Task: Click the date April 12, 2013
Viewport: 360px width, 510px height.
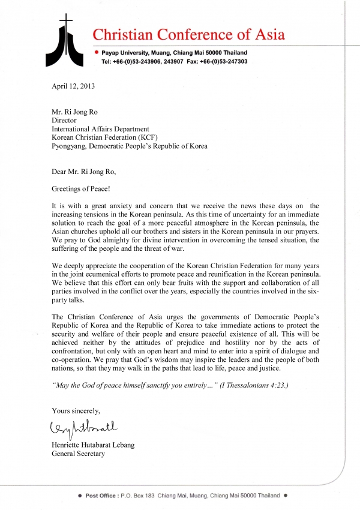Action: click(x=73, y=86)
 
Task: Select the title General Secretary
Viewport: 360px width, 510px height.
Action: click(x=78, y=454)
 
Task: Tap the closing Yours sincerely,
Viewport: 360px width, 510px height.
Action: click(x=76, y=410)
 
